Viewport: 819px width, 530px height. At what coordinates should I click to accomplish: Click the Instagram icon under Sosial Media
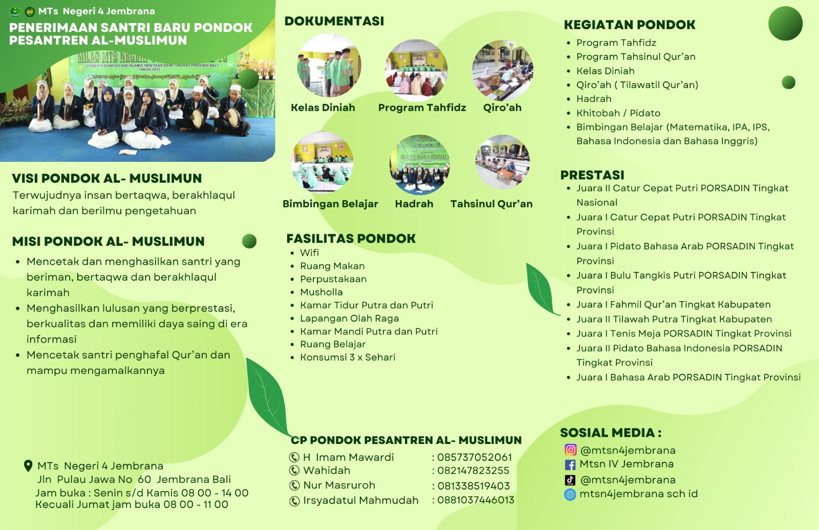[570, 450]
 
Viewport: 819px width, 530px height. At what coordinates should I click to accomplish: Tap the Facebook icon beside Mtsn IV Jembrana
[570, 464]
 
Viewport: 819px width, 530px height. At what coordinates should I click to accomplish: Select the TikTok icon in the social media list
[570, 480]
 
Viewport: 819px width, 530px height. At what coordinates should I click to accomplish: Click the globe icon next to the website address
[570, 494]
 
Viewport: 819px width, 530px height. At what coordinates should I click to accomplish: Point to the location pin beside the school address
[28, 466]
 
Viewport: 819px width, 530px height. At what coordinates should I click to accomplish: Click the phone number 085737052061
[475, 457]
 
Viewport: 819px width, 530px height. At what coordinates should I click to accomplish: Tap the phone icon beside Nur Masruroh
[294, 485]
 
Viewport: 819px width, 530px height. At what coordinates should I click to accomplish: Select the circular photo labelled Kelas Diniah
[328, 65]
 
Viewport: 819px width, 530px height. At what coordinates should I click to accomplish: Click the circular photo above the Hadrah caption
[419, 164]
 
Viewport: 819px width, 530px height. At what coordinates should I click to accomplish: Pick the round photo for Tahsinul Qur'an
[503, 162]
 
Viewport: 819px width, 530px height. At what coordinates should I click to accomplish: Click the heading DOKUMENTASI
[334, 21]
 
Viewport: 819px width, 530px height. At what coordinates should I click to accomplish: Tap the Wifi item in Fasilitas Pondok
[309, 253]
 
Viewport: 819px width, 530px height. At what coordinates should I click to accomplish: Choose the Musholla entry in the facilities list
[321, 292]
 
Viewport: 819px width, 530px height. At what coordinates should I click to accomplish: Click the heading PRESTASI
[592, 175]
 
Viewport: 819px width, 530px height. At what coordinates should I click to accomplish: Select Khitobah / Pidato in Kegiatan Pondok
[618, 113]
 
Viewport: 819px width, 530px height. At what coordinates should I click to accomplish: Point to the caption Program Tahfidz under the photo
[422, 108]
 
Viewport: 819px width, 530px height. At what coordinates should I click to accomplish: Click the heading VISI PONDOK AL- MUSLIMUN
[107, 178]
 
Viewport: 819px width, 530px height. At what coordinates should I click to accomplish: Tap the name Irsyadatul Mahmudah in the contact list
[360, 500]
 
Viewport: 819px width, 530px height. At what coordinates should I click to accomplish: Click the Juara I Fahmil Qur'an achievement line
[674, 305]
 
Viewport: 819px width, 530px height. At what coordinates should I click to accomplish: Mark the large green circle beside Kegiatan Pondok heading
[785, 23]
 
